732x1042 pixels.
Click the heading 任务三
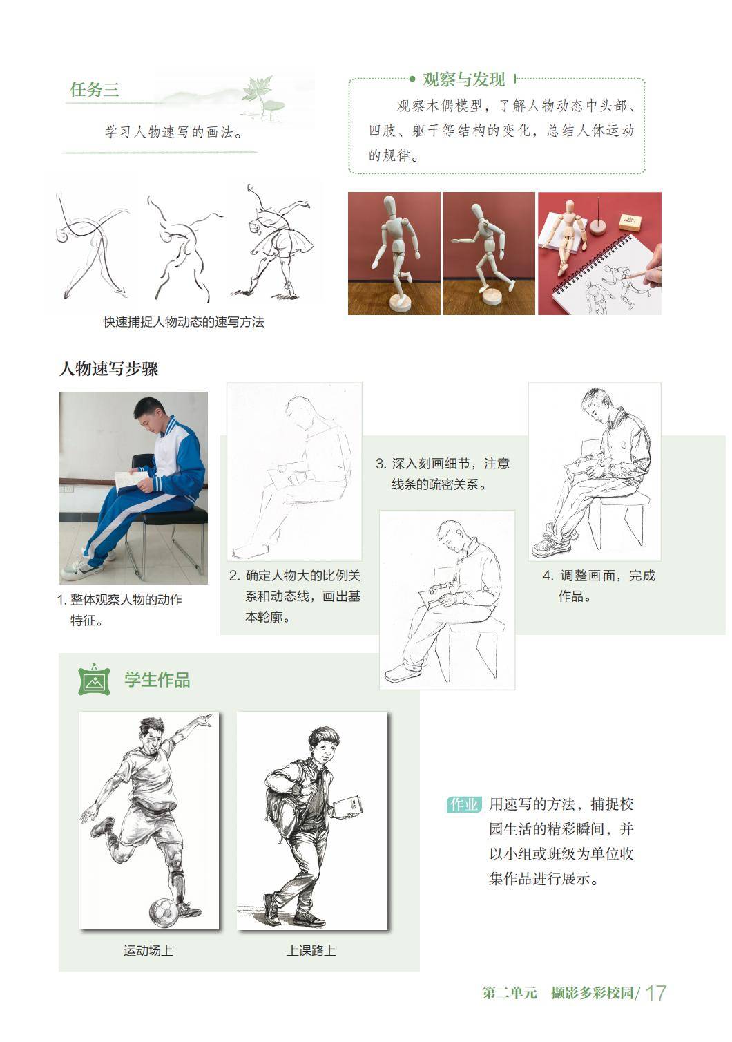click(x=95, y=89)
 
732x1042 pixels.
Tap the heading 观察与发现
click(x=463, y=79)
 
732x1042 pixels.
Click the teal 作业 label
click(x=463, y=804)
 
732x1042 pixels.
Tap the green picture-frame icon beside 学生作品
click(x=95, y=680)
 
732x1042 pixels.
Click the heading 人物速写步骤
click(x=108, y=369)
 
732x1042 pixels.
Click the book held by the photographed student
click(x=131, y=481)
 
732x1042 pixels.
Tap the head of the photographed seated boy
click(x=148, y=415)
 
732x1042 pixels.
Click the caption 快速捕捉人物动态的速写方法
click(x=184, y=322)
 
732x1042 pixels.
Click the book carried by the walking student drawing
click(x=347, y=806)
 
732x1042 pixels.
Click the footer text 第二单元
click(x=510, y=993)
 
